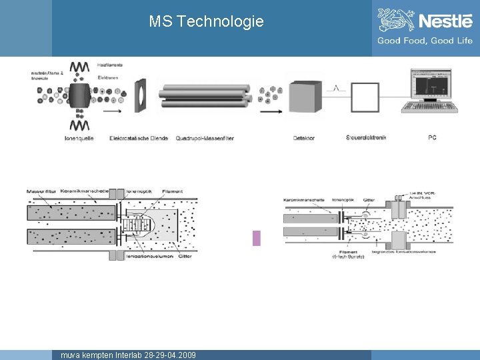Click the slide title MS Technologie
[x=206, y=21]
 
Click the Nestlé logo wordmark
[x=445, y=21]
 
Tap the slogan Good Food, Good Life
[x=425, y=41]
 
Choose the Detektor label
[x=304, y=138]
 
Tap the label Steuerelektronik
[x=367, y=138]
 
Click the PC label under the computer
[x=432, y=138]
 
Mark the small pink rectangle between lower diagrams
[x=257, y=238]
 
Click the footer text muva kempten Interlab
[x=128, y=355]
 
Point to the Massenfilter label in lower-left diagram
[x=42, y=192]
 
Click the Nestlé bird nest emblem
[x=395, y=20]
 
